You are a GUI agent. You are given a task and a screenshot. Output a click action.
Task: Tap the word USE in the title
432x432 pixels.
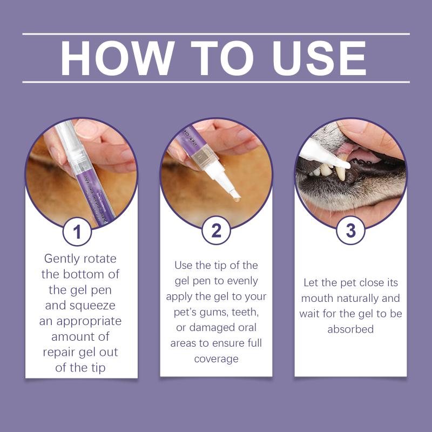pyautogui.click(x=319, y=58)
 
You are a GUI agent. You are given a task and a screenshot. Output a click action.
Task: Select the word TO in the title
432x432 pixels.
pyautogui.click(x=222, y=58)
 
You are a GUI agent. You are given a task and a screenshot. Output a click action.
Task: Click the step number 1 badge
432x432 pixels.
pyautogui.click(x=77, y=232)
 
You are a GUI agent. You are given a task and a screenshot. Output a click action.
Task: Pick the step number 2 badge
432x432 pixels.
pyautogui.click(x=216, y=231)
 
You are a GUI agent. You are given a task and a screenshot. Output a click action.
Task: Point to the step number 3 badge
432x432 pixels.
pyautogui.click(x=350, y=231)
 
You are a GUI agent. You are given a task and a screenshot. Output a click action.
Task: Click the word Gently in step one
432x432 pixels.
pyautogui.click(x=62, y=259)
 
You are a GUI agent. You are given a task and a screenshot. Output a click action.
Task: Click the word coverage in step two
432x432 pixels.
pyautogui.click(x=217, y=359)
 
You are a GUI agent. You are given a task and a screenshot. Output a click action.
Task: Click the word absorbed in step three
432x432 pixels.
pyautogui.click(x=350, y=329)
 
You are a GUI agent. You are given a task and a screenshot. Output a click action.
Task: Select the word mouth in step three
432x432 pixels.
pyautogui.click(x=314, y=299)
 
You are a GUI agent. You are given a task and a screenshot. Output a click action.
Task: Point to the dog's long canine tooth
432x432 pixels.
pyautogui.click(x=341, y=173)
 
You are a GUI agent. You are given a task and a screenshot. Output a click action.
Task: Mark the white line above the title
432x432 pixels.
pyautogui.click(x=216, y=34)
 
